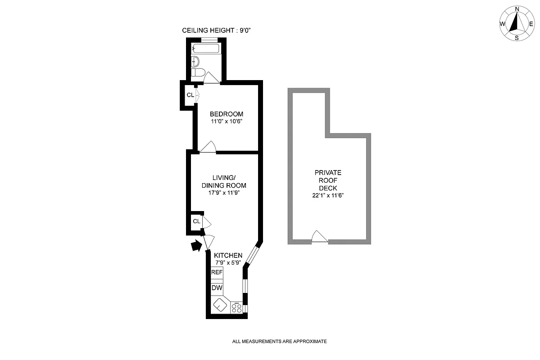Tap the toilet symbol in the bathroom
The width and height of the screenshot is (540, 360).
pos(198,72)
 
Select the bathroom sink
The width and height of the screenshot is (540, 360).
pos(195,61)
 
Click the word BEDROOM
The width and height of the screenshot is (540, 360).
pos(227,114)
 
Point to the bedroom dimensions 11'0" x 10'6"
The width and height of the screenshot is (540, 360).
pos(227,121)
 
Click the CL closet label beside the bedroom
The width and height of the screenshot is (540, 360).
pos(190,95)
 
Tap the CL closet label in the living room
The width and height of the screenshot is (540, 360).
pos(196,221)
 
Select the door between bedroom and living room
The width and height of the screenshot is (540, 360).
pos(208,147)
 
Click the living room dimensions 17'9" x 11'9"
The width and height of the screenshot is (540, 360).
pos(223,193)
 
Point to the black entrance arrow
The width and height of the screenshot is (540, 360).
pos(196,246)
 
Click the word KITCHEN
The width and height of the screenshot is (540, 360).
pos(228,255)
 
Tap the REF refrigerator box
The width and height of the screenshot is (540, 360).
pos(217,272)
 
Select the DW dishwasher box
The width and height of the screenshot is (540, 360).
pos(217,288)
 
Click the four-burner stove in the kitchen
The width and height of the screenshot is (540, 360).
pos(236,308)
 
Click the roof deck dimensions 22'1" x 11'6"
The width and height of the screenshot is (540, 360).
pos(328,195)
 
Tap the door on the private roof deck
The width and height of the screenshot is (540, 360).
pos(319,237)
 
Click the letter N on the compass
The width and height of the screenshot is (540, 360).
pos(517,9)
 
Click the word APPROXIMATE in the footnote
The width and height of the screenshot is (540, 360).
pos(310,342)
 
